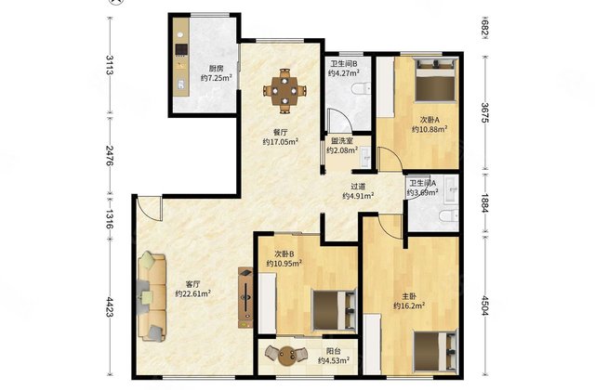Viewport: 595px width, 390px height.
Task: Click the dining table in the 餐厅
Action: (285, 91)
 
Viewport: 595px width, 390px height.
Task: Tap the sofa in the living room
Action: (152, 297)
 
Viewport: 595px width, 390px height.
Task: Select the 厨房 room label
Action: (217, 69)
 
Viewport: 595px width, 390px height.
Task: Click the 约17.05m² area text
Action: (281, 142)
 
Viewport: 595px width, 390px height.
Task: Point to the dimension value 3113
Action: (110, 65)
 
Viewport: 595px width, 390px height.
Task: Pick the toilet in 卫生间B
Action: (362, 89)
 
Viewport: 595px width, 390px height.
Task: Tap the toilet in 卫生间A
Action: (449, 215)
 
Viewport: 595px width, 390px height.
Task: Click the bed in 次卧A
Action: (435, 80)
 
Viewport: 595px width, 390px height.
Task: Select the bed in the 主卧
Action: (435, 351)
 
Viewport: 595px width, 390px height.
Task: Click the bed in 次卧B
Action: (334, 309)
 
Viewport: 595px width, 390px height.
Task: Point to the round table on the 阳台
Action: (286, 357)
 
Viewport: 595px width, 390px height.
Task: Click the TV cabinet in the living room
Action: (245, 297)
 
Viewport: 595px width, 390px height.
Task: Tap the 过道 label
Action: (358, 187)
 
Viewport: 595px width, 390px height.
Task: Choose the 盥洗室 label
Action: (342, 141)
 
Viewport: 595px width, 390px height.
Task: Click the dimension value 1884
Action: (485, 203)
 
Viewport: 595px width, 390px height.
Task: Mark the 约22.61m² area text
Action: (193, 293)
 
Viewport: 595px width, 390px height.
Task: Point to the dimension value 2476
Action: (110, 156)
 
